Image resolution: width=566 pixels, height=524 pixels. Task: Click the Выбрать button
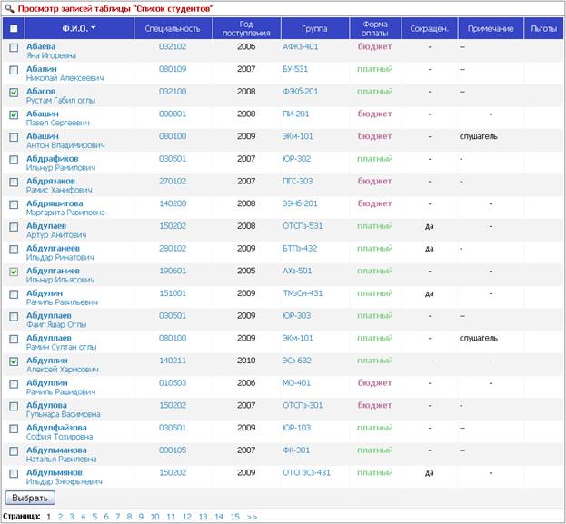[x=30, y=498]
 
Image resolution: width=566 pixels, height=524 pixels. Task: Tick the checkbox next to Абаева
[x=14, y=47]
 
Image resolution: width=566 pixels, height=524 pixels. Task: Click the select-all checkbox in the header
[x=14, y=28]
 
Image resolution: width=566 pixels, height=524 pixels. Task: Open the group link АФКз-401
[x=301, y=46]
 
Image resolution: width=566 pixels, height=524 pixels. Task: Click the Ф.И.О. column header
[x=79, y=28]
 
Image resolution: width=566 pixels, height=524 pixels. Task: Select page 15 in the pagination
[x=235, y=517]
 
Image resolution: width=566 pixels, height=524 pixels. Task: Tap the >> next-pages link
[x=252, y=517]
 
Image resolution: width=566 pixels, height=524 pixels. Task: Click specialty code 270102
[x=173, y=181]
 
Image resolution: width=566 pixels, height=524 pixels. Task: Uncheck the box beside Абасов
[x=14, y=93]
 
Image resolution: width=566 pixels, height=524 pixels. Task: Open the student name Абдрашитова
[x=55, y=203]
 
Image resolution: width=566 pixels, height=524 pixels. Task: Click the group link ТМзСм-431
[x=303, y=293]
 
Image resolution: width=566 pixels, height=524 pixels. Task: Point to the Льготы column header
[x=543, y=28]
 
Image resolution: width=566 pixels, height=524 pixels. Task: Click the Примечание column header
[x=491, y=28]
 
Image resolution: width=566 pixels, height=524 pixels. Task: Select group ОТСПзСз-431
[x=306, y=473]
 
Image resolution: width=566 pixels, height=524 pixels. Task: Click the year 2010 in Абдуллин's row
[x=246, y=361]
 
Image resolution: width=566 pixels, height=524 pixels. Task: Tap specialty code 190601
[x=173, y=271]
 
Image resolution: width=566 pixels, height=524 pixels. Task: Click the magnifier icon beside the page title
[x=9, y=8]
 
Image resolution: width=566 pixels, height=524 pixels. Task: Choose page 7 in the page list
[x=118, y=517]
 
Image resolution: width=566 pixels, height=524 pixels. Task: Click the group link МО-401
[x=296, y=383]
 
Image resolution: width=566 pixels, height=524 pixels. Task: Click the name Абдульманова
[x=56, y=450]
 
